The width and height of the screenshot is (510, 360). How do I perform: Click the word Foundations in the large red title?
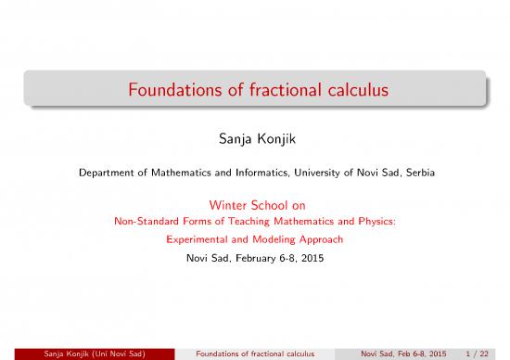pyautogui.click(x=168, y=94)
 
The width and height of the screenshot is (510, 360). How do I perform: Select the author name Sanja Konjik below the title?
pyautogui.click(x=254, y=143)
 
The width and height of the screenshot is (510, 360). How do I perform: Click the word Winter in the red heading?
pyautogui.click(x=226, y=204)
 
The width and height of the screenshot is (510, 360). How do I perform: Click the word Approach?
pyautogui.click(x=319, y=238)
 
